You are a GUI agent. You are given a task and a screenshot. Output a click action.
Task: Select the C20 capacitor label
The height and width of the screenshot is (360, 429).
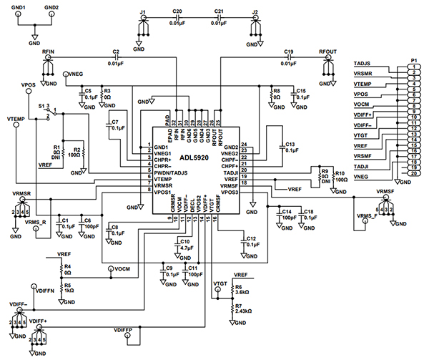177,12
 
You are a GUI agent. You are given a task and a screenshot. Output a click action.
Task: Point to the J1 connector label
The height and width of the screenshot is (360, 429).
142,12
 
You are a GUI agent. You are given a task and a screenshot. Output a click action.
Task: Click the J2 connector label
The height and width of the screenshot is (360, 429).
255,12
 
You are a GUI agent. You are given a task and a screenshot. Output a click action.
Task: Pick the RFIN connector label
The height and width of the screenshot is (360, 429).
49,52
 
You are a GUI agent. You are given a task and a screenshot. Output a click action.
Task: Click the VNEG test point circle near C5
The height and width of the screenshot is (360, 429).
65,74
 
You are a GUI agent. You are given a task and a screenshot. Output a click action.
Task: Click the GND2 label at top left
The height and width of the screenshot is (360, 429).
51,7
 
